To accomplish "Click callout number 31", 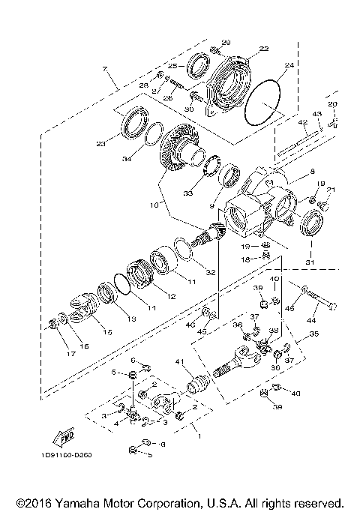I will point(309,262).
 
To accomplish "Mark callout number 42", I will point(303,121).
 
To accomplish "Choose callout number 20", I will point(333,103).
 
